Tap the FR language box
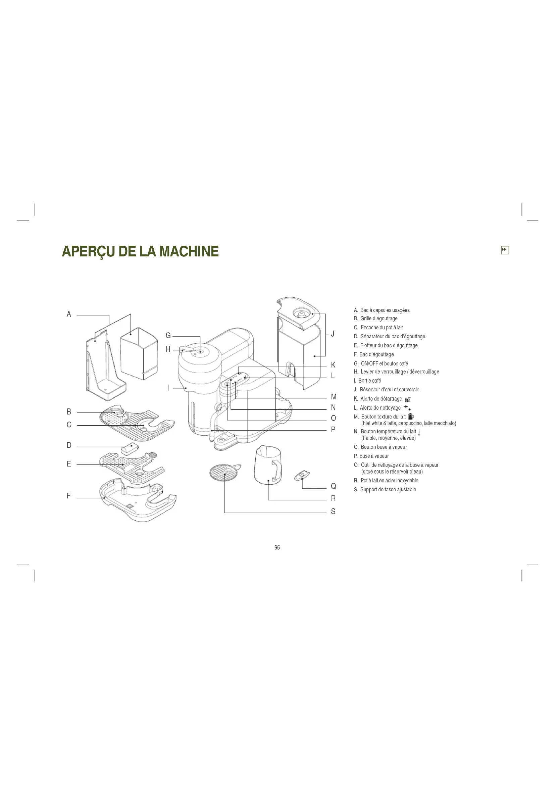[504, 250]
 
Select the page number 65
[277, 547]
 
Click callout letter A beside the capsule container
[69, 314]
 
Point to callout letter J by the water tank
[333, 334]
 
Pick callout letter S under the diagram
[333, 511]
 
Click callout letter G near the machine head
[168, 336]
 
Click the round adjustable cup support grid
[223, 473]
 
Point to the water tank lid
[299, 312]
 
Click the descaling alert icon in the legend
[407, 399]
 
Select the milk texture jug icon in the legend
[411, 416]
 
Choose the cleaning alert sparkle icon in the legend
[407, 407]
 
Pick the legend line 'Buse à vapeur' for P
[374, 456]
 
